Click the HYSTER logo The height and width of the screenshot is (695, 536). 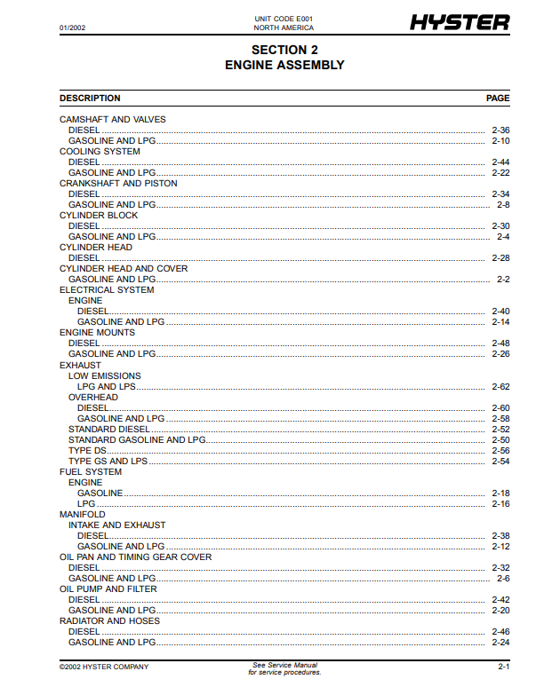tap(460, 22)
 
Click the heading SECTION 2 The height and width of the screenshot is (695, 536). tap(284, 51)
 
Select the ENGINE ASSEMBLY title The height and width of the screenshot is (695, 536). tap(284, 65)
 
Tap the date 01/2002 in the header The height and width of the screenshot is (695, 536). tap(72, 28)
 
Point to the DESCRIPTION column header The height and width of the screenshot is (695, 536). tap(90, 99)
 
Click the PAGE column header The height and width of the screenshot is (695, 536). tap(498, 99)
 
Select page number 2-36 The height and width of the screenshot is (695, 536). tap(500, 130)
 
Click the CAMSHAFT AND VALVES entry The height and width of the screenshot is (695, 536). tap(112, 120)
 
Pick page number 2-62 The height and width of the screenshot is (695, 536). tap(500, 387)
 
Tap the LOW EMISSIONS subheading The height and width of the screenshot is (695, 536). tap(104, 376)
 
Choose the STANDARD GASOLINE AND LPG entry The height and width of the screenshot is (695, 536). tap(137, 440)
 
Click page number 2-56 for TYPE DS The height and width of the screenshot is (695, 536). tap(500, 451)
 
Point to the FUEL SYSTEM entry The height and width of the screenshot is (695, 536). tap(91, 472)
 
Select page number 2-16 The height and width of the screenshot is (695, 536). tap(500, 504)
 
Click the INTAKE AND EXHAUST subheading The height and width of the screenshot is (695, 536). tap(116, 525)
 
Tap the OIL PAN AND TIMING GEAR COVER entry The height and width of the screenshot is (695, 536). tap(135, 557)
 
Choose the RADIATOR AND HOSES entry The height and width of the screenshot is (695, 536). tap(109, 621)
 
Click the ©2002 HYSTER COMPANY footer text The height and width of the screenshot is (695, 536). tap(104, 667)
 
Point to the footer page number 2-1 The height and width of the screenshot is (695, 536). tap(503, 667)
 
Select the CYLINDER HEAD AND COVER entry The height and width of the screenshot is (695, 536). tap(124, 269)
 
